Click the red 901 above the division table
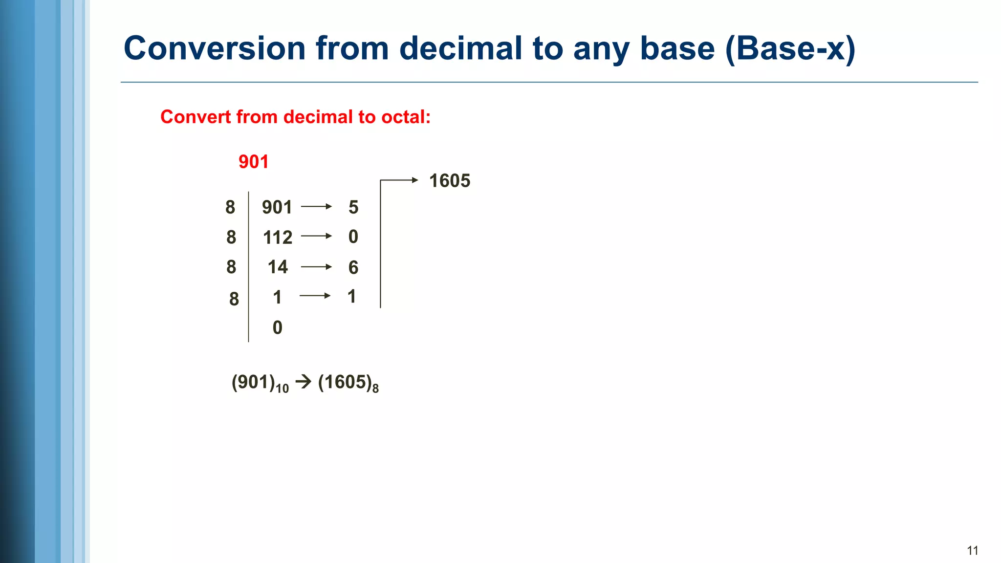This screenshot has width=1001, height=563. click(x=253, y=162)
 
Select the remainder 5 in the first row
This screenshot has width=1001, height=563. click(x=353, y=207)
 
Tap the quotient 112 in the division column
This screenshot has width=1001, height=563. click(x=277, y=238)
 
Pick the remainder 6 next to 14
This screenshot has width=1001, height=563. click(x=353, y=267)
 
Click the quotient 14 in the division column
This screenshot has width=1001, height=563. click(x=278, y=267)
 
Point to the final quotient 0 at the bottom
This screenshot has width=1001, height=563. click(x=277, y=327)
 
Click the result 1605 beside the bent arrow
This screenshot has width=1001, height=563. click(x=449, y=181)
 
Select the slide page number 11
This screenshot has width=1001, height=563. click(x=972, y=551)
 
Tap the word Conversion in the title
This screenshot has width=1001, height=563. click(x=215, y=48)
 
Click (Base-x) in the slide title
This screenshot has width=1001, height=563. click(x=790, y=48)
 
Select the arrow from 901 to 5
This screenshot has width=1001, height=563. click(x=316, y=207)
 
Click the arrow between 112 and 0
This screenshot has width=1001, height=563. click(x=316, y=236)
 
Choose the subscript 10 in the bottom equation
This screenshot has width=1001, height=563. click(x=282, y=389)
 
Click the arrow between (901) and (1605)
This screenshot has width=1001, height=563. click(x=304, y=381)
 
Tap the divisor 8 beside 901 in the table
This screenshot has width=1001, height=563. click(x=230, y=207)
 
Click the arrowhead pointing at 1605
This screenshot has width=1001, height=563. click(x=414, y=180)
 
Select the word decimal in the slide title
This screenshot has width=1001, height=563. click(x=460, y=48)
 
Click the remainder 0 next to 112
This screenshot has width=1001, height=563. click(x=353, y=237)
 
